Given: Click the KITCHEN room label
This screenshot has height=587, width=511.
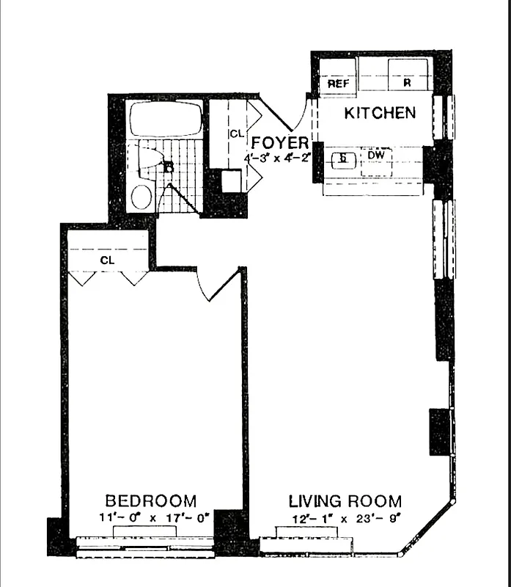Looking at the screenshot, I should point(380,113).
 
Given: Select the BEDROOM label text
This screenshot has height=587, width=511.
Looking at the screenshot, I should point(151,501).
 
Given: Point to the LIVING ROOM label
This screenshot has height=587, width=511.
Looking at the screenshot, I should point(345,502).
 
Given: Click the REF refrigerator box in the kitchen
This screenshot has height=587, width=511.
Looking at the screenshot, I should point(338,83).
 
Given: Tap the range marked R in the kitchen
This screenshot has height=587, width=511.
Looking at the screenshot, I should point(406,83).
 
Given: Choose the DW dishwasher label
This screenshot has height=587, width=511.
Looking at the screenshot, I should point(374,156).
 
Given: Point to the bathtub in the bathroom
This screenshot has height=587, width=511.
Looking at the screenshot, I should point(164,119).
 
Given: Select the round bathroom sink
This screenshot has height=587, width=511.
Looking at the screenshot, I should point(141,197).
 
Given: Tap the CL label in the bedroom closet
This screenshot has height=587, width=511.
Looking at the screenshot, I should point(107,260).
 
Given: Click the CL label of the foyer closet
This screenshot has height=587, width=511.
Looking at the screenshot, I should point(235,134).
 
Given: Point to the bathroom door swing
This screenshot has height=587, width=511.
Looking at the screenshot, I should point(174,198).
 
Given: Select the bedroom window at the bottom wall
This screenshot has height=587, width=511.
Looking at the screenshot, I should point(145,547).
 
